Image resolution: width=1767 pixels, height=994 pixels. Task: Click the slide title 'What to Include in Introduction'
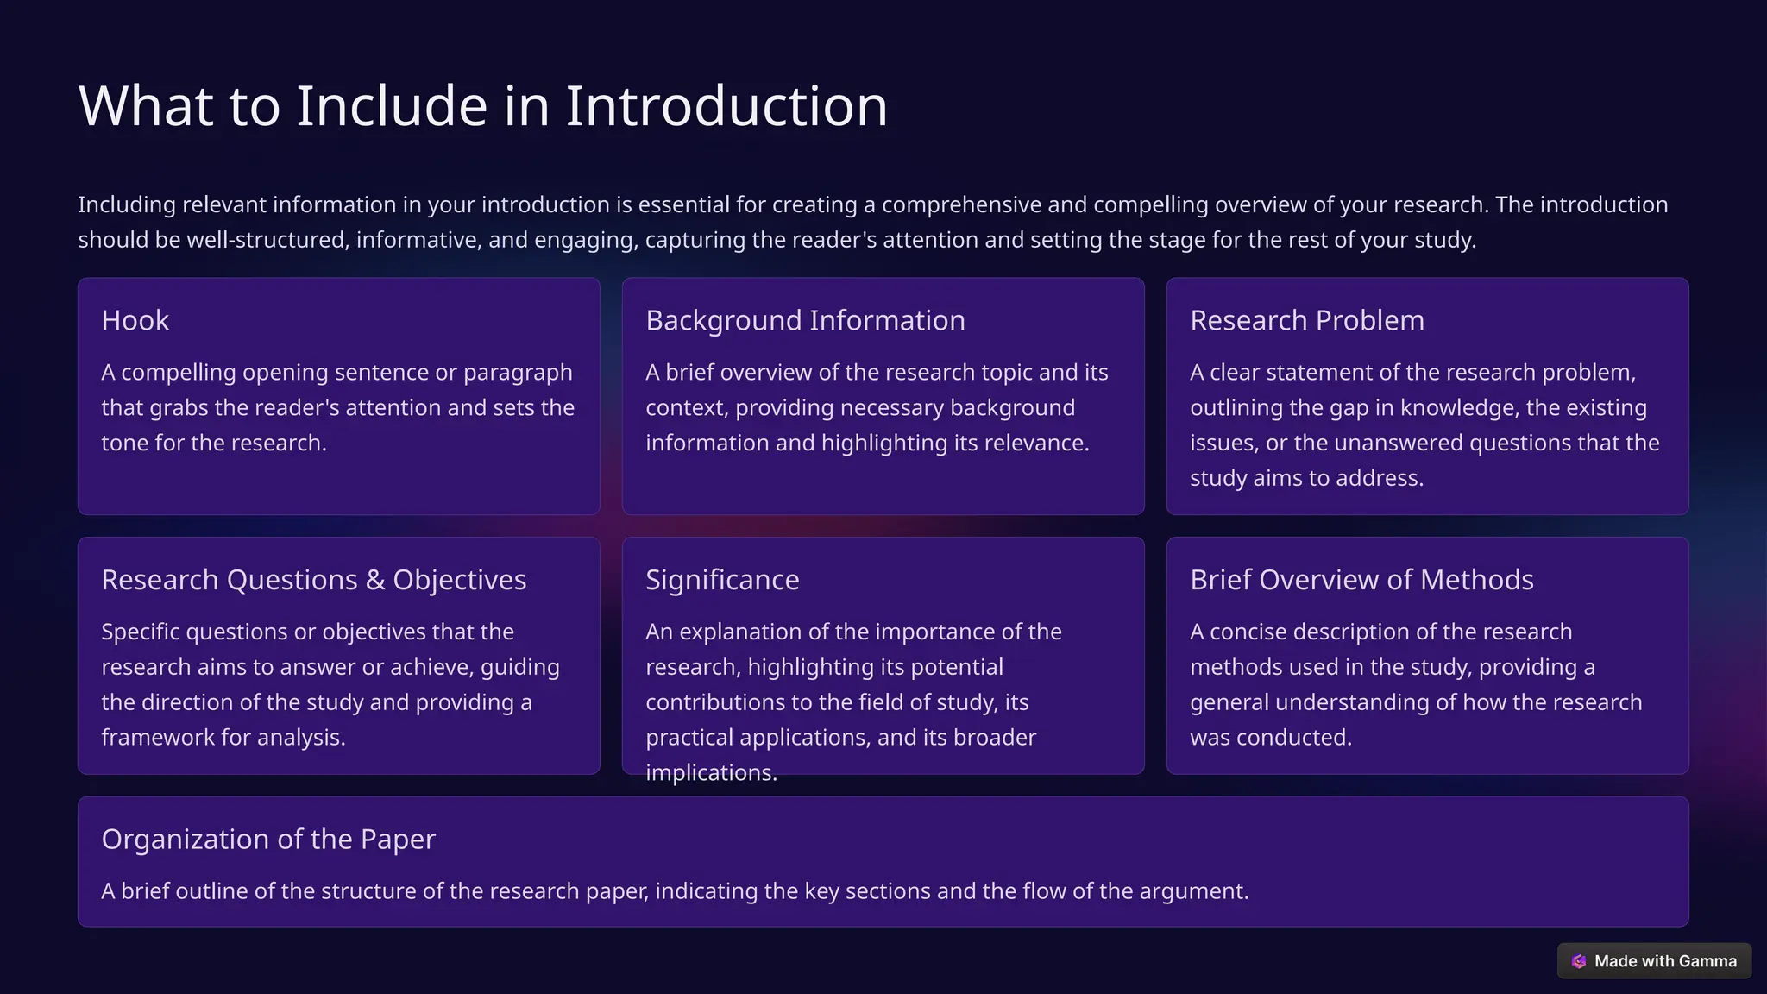tap(483, 106)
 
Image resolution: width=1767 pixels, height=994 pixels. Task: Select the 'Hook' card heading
tap(135, 320)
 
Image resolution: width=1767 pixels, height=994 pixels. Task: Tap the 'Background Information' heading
tap(805, 320)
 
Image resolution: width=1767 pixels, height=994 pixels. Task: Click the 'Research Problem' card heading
tap(1307, 320)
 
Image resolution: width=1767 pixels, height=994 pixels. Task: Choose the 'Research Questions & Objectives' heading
tap(313, 580)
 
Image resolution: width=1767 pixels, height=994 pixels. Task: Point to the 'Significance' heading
tap(722, 580)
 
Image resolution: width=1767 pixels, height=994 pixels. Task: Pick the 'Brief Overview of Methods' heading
tap(1361, 580)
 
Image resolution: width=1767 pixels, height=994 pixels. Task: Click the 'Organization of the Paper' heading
tap(268, 839)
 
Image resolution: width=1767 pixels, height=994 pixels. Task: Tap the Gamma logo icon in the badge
tap(1579, 961)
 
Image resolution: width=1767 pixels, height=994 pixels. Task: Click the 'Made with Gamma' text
tap(1665, 961)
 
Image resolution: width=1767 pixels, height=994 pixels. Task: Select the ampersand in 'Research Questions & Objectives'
tap(375, 580)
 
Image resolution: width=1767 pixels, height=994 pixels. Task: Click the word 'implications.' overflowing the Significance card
tap(711, 772)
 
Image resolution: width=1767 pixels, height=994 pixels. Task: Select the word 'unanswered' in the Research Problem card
tap(1398, 443)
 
